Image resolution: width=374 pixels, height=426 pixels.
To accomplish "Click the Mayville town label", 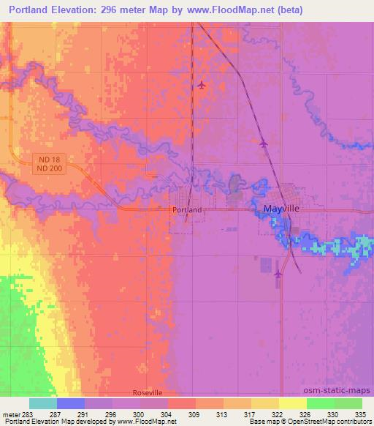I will click(x=281, y=209).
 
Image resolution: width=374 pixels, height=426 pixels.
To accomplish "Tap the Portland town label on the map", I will click(x=187, y=209).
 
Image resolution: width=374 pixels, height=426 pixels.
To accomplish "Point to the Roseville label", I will click(x=148, y=393).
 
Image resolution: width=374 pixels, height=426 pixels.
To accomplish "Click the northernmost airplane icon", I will click(x=202, y=85).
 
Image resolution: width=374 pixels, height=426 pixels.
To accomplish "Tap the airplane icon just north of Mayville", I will click(x=263, y=143).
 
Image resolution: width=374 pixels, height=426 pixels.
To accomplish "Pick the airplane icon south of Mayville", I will click(x=278, y=274).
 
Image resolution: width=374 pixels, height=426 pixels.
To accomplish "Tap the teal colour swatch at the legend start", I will click(x=44, y=403).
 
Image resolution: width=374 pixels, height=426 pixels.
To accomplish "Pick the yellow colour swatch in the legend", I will click(x=292, y=403).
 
